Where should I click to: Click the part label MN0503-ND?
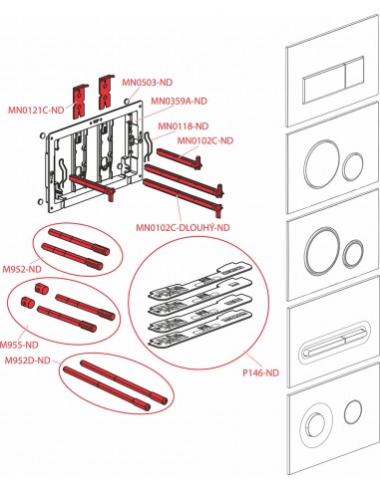click(148, 83)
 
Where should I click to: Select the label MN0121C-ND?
click(36, 110)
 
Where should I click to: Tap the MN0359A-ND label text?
click(179, 101)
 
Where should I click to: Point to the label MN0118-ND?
click(184, 126)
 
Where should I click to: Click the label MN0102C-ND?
click(205, 140)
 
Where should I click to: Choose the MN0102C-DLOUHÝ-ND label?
click(183, 227)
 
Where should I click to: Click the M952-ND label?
click(22, 269)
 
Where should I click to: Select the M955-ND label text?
click(19, 345)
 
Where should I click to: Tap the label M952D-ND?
click(28, 361)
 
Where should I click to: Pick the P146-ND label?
click(260, 372)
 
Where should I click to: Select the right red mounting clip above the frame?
click(106, 92)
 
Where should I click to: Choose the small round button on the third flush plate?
click(353, 254)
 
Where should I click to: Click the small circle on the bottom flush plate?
click(353, 411)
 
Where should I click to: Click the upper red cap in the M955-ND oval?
click(42, 289)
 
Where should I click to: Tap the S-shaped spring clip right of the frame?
click(149, 147)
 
